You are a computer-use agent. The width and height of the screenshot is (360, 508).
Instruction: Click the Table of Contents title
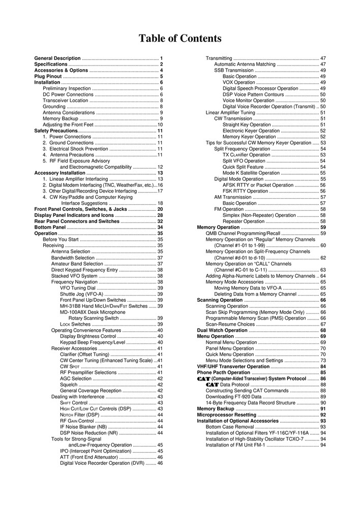click(180, 39)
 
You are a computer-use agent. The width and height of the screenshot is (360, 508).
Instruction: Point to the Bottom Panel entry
click(50, 227)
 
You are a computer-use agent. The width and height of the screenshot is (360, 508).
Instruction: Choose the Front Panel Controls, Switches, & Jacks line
click(80, 209)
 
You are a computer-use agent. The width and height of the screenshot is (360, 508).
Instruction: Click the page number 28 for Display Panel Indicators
click(160, 215)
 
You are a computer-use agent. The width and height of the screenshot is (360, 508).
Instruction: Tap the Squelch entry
click(69, 385)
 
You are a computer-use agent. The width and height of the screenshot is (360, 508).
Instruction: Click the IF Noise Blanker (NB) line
click(83, 427)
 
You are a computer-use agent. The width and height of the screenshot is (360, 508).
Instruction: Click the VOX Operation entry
click(239, 82)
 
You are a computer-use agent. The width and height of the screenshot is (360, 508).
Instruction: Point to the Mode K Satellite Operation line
click(251, 173)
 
